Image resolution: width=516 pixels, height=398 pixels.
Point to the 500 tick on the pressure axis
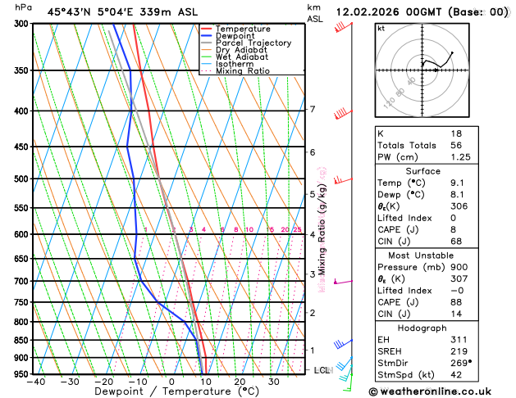[x=21, y=179]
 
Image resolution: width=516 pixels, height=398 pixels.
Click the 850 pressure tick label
[x=21, y=340]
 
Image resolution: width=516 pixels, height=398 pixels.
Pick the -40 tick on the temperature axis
[x=35, y=382]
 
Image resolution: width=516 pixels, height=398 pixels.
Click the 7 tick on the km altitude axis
[x=312, y=109]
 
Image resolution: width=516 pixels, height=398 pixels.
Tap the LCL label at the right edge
[x=322, y=370]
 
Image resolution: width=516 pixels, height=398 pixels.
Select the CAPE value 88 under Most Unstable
[x=455, y=301]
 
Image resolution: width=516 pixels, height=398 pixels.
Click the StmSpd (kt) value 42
[x=455, y=375]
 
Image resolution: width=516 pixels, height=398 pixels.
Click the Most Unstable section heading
[x=422, y=255]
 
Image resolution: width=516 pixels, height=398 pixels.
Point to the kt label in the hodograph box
[x=381, y=28]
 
